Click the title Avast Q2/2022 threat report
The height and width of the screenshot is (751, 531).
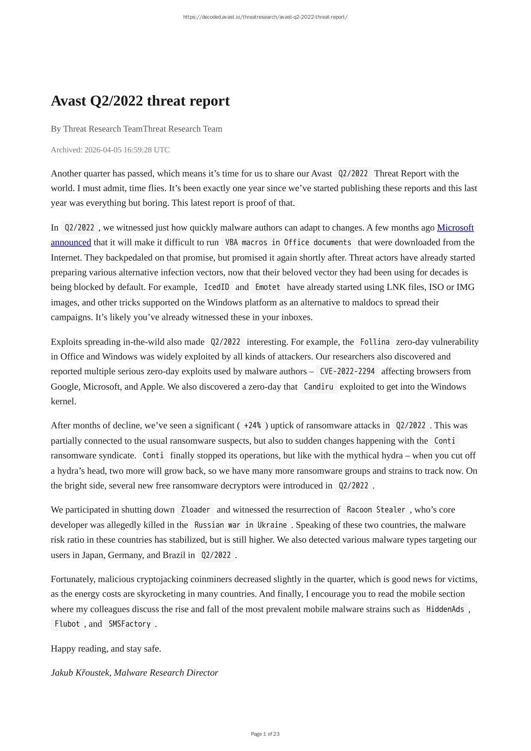[140, 101]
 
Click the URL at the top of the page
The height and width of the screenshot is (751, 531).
[265, 17]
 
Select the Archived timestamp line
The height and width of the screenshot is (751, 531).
[110, 150]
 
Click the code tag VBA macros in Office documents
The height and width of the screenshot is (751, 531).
[288, 242]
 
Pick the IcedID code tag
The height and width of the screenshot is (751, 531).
[216, 287]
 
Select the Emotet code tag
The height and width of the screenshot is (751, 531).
[268, 287]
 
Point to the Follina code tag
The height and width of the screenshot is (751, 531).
[375, 342]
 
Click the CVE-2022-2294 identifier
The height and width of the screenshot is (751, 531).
[347, 371]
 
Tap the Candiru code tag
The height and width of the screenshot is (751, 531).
[318, 387]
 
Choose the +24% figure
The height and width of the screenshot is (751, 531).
[252, 426]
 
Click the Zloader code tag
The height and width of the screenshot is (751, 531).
[195, 510]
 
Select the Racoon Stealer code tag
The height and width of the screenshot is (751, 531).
[376, 510]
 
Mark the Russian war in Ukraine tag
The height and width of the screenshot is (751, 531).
[240, 525]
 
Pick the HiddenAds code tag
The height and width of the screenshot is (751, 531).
[445, 609]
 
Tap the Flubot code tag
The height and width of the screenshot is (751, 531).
[67, 624]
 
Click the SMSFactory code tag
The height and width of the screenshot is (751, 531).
[129, 624]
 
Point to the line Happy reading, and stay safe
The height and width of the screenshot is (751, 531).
[106, 648]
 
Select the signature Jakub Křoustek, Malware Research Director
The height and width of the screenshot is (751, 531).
[134, 673]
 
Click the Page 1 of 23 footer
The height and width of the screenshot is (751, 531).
[265, 734]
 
